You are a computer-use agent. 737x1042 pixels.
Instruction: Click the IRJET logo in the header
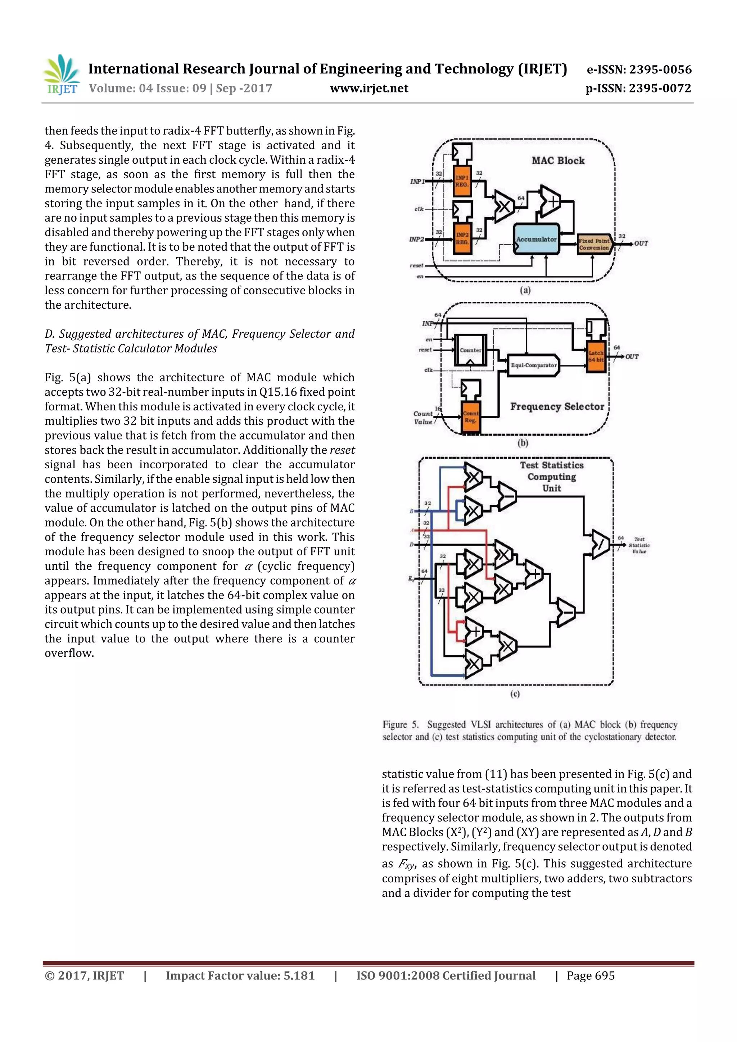(61, 75)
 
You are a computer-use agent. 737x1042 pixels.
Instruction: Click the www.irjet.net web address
(369, 88)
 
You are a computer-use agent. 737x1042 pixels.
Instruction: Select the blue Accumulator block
(536, 239)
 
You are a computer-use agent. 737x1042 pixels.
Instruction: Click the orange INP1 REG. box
(462, 181)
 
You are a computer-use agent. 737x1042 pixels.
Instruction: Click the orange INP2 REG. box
(462, 238)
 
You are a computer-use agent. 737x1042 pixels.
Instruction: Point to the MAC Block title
(558, 161)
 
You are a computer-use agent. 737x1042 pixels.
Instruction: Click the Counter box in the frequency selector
(470, 350)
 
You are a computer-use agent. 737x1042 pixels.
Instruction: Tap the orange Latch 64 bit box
(596, 356)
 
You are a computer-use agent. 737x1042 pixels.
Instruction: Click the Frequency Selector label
(557, 407)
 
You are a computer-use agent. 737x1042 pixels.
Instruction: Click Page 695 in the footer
(590, 976)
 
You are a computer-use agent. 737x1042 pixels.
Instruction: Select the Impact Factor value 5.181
(299, 976)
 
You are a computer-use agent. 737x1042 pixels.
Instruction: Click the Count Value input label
(423, 418)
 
